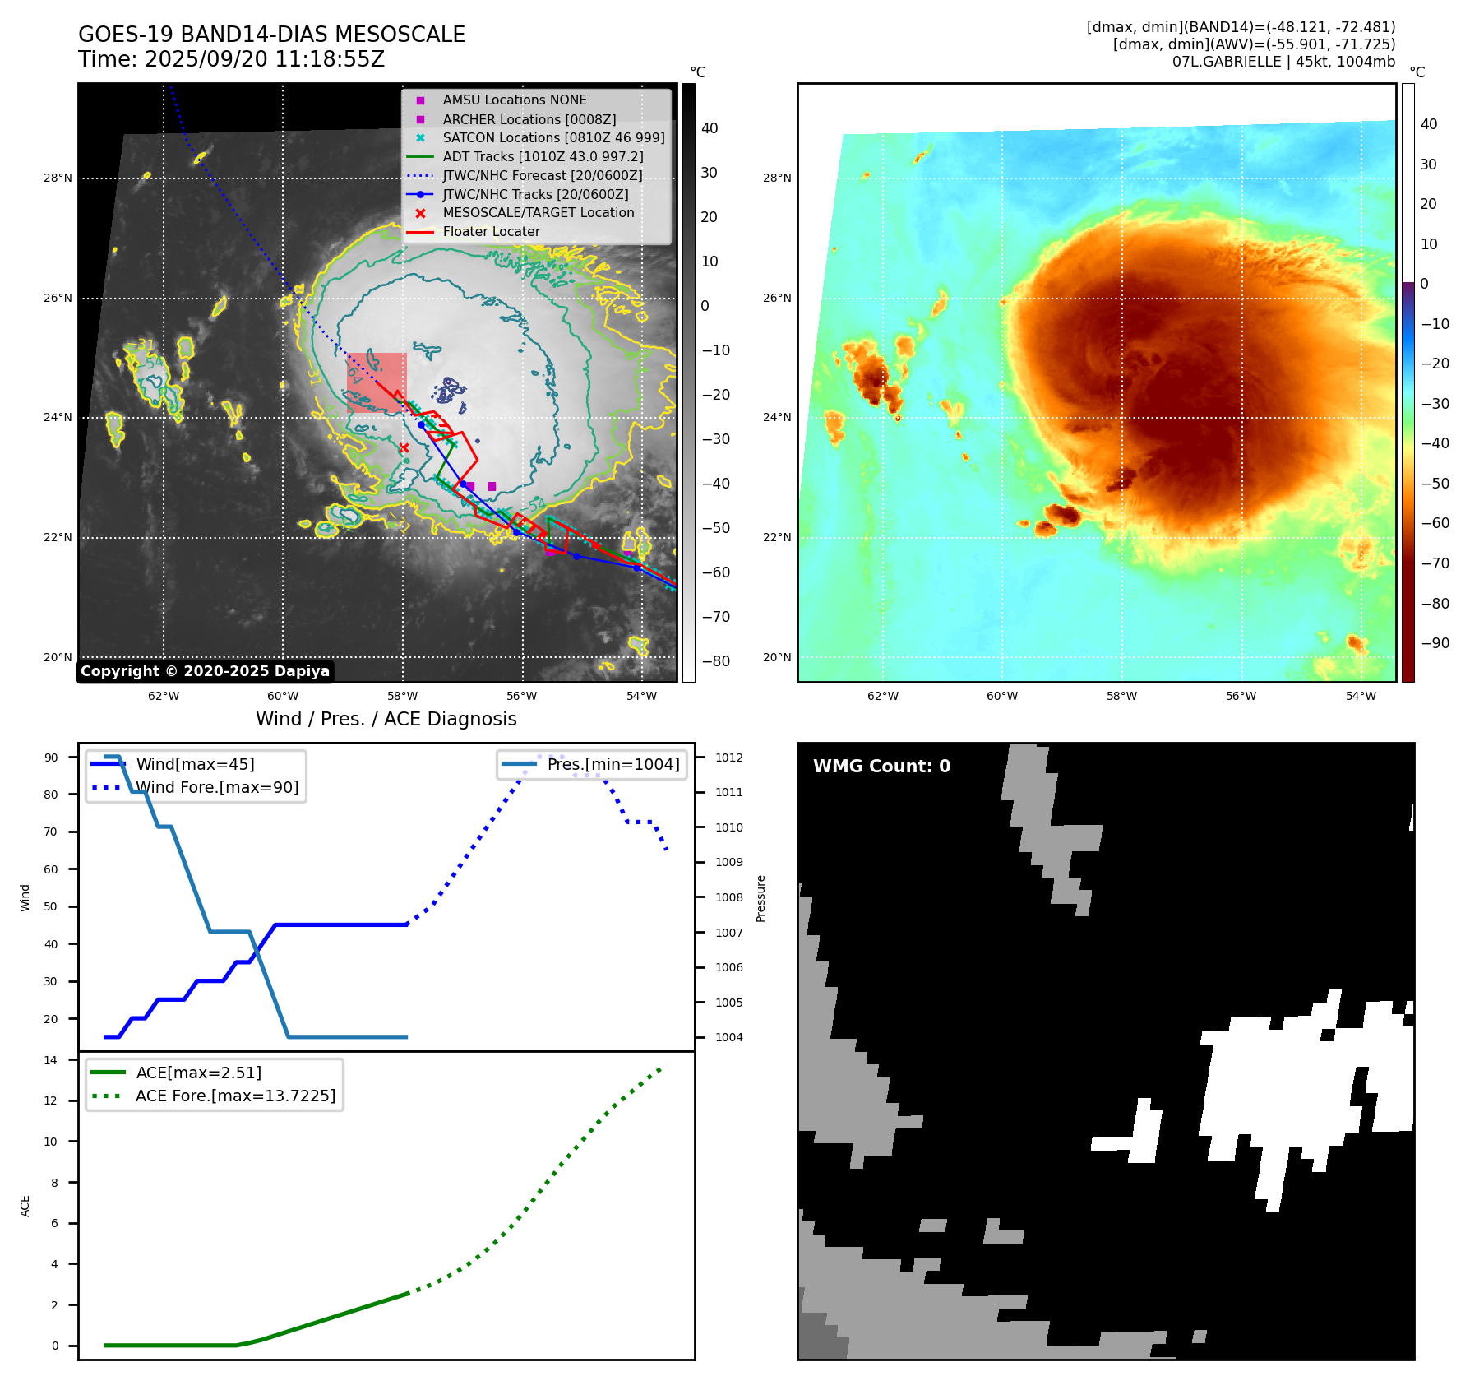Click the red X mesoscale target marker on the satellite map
pyautogui.click(x=404, y=447)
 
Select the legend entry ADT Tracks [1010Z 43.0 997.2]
pyautogui.click(x=543, y=156)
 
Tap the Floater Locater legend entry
pyautogui.click(x=491, y=232)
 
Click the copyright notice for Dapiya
pyautogui.click(x=205, y=671)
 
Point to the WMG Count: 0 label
pyautogui.click(x=881, y=767)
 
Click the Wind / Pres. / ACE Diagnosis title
pyautogui.click(x=386, y=719)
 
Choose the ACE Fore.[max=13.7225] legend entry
pyautogui.click(x=235, y=1096)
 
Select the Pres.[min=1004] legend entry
pyautogui.click(x=613, y=764)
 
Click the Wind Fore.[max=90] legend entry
pyautogui.click(x=217, y=788)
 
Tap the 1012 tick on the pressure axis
pyautogui.click(x=728, y=758)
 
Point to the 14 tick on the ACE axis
pyautogui.click(x=51, y=1060)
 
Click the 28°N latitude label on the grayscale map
pyautogui.click(x=58, y=178)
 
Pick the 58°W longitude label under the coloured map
pyautogui.click(x=1121, y=696)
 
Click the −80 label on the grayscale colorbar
pyautogui.click(x=715, y=661)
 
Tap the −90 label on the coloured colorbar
pyautogui.click(x=1435, y=643)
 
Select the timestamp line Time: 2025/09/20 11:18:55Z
pyautogui.click(x=231, y=59)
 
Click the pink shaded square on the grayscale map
pyautogui.click(x=377, y=382)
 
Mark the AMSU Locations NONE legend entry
pyautogui.click(x=514, y=100)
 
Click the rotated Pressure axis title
pyautogui.click(x=760, y=898)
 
